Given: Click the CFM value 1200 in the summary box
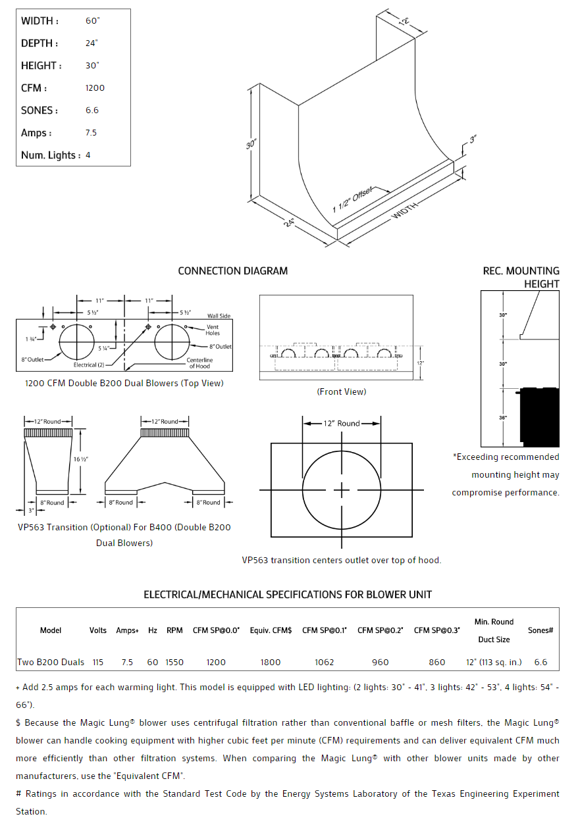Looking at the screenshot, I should (x=95, y=88).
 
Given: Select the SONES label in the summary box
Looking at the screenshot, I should (x=39, y=111).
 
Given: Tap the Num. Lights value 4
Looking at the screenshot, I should (x=88, y=155).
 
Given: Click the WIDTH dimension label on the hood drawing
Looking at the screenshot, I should (x=406, y=211).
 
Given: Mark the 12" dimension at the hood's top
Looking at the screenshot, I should (x=404, y=21).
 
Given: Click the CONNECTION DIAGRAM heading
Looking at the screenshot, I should (x=232, y=271).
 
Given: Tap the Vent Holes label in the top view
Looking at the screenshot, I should (x=213, y=330).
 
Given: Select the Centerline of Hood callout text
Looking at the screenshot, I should (x=199, y=363).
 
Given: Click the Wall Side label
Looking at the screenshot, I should (x=219, y=316).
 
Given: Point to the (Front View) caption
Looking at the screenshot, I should (x=341, y=391).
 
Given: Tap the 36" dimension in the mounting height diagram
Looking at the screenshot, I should (x=503, y=417).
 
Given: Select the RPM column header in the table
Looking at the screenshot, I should (x=174, y=630).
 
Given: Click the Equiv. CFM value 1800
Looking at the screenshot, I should (x=271, y=663).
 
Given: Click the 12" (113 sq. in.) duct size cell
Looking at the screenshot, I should (x=494, y=663).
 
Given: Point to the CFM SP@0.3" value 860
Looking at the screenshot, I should (x=437, y=663).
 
